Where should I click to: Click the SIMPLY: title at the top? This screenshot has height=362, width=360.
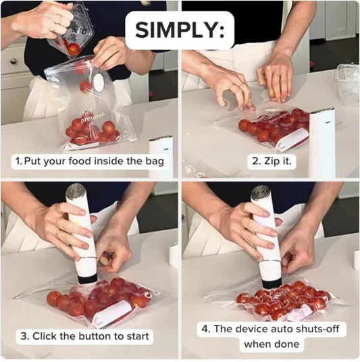point(179,30)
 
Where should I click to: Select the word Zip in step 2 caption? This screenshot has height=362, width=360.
point(275,161)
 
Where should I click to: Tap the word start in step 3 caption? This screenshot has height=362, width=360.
point(135,336)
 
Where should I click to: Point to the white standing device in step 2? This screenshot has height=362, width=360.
point(321,142)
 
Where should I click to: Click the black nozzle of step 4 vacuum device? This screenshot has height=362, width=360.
point(271,282)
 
